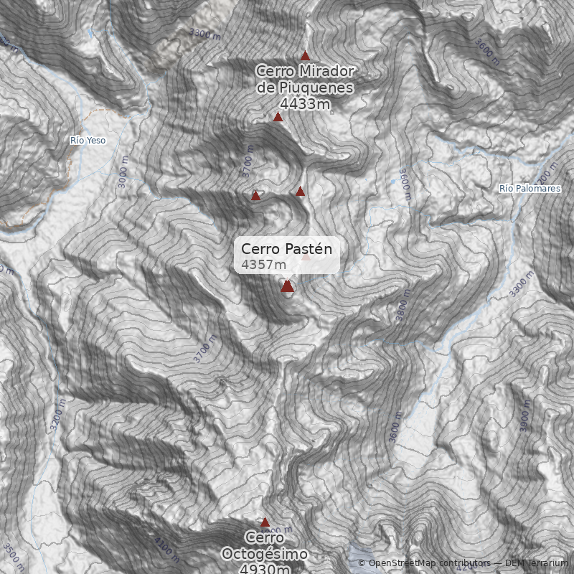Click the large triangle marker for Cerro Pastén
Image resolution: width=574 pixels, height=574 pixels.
pos(288,286)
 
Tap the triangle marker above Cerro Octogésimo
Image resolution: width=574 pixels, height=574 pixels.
pos(265,522)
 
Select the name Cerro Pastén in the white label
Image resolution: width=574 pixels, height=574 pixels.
pos(287,249)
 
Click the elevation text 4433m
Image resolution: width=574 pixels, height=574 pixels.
pos(305,105)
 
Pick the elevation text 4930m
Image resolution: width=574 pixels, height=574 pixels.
pos(265,569)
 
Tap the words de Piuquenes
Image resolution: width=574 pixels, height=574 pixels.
pos(305,88)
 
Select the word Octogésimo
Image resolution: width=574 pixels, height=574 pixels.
pos(265,554)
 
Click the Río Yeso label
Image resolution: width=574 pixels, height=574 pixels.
pos(88,141)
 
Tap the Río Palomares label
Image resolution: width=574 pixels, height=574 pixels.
pos(530,188)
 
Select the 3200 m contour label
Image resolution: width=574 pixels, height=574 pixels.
pos(58,417)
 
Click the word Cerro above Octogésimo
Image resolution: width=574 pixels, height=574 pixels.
pos(265,537)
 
